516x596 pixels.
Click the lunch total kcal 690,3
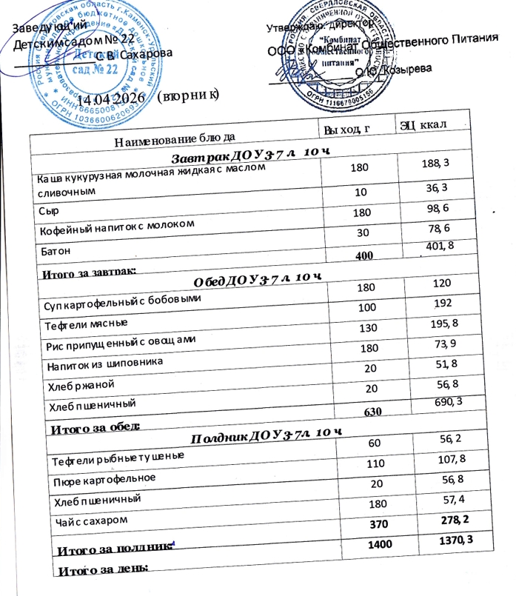(438, 400)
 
